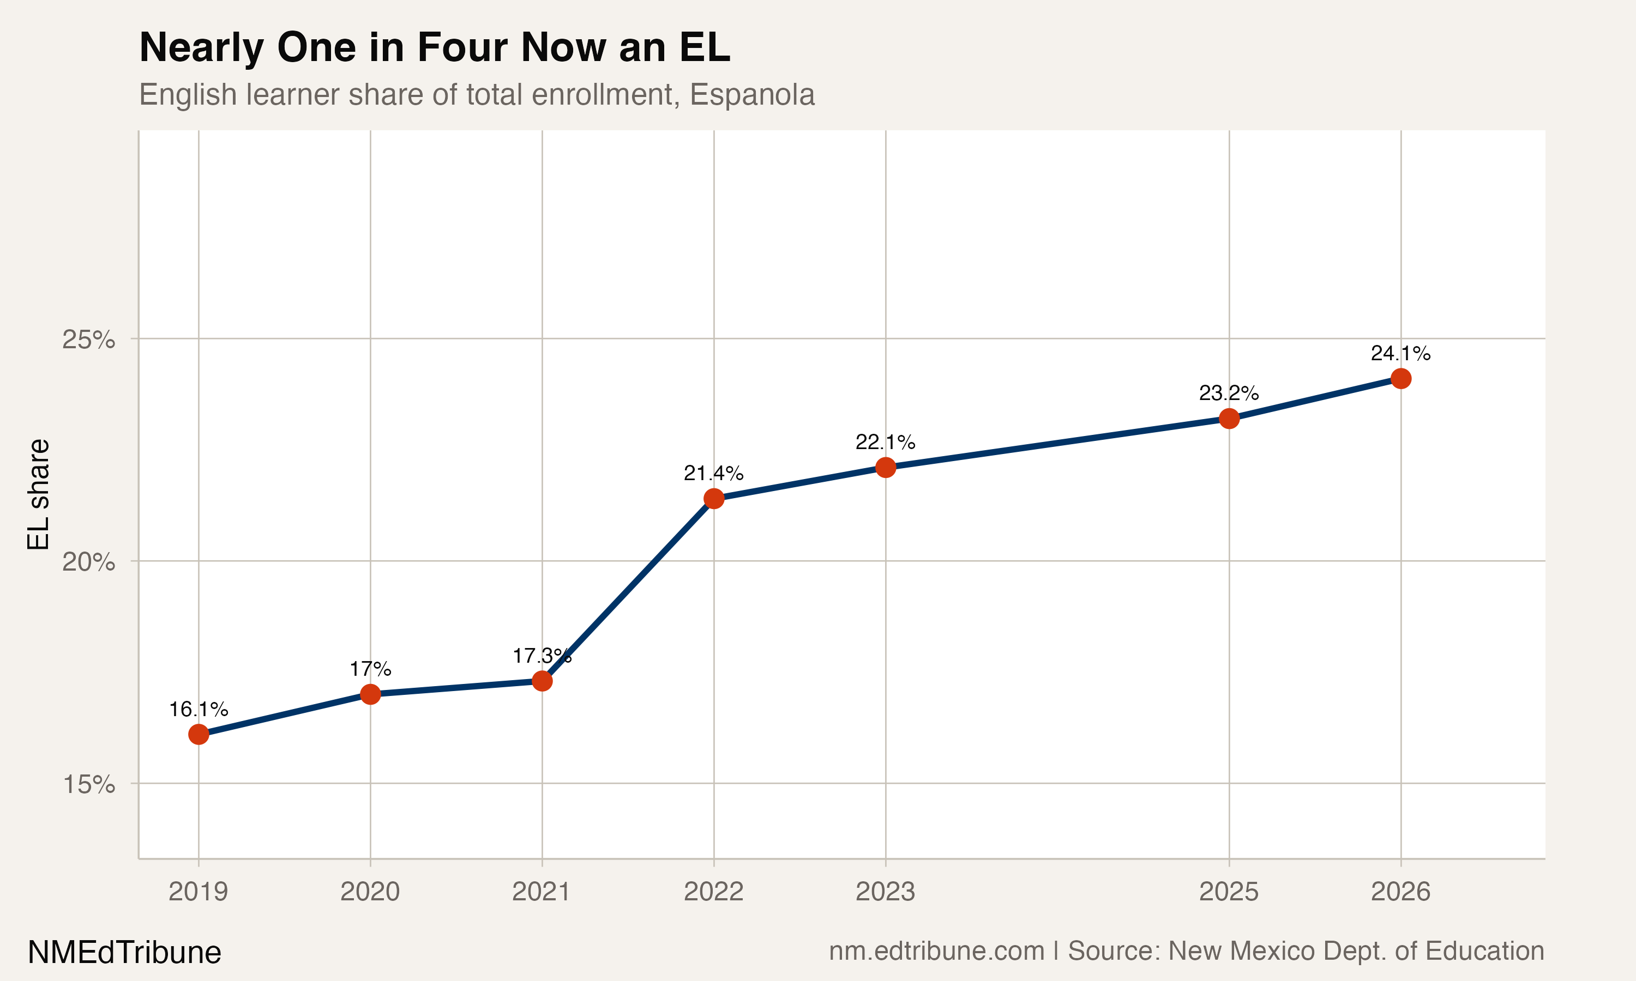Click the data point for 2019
tap(199, 735)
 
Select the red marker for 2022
tap(713, 499)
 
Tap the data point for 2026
tap(1400, 378)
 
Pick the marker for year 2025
tap(1229, 419)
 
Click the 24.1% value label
tap(1400, 354)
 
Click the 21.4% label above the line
tap(713, 473)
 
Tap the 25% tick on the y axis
tap(88, 340)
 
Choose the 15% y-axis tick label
tap(88, 785)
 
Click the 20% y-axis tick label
tap(88, 562)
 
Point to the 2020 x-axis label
tap(370, 892)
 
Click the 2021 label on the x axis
tap(542, 892)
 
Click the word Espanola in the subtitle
tap(752, 94)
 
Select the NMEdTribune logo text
tap(124, 953)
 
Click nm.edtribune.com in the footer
tap(936, 951)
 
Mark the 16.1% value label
tap(199, 709)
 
